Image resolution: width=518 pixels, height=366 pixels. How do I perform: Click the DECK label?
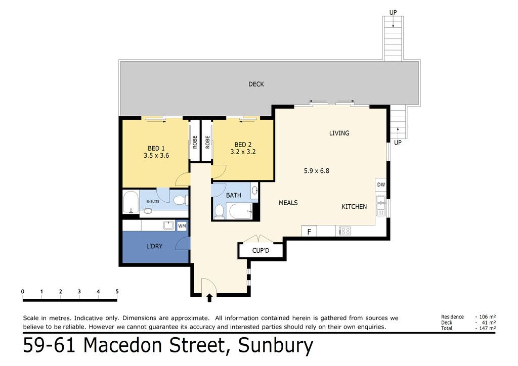(256, 84)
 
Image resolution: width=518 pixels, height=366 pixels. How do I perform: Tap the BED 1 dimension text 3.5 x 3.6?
(156, 155)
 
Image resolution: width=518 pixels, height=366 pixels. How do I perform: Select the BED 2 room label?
(243, 145)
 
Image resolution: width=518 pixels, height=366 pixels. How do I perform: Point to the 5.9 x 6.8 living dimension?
(317, 171)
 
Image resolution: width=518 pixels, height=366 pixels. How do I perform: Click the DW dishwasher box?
(381, 185)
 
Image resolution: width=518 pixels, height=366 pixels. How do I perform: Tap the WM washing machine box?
(182, 226)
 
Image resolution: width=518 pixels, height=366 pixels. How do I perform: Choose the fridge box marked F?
(309, 232)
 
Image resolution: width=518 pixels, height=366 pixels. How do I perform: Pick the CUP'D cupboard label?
(261, 251)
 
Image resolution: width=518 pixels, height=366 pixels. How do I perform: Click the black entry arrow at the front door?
(209, 298)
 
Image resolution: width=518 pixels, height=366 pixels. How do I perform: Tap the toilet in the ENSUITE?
(181, 200)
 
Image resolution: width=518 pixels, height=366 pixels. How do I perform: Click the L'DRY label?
(154, 246)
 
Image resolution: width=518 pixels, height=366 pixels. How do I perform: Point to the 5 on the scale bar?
(117, 291)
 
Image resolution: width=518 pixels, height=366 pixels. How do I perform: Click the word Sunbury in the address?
(276, 346)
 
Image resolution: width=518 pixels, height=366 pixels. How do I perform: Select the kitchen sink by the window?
(381, 206)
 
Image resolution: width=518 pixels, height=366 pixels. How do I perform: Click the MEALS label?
(288, 203)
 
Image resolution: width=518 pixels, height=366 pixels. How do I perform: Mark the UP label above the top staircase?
(393, 13)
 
